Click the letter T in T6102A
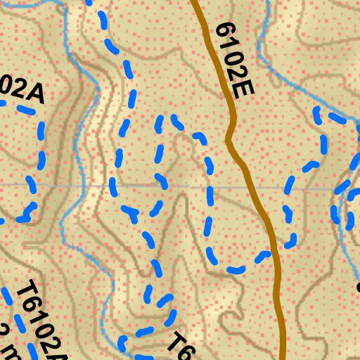click(28, 290)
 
